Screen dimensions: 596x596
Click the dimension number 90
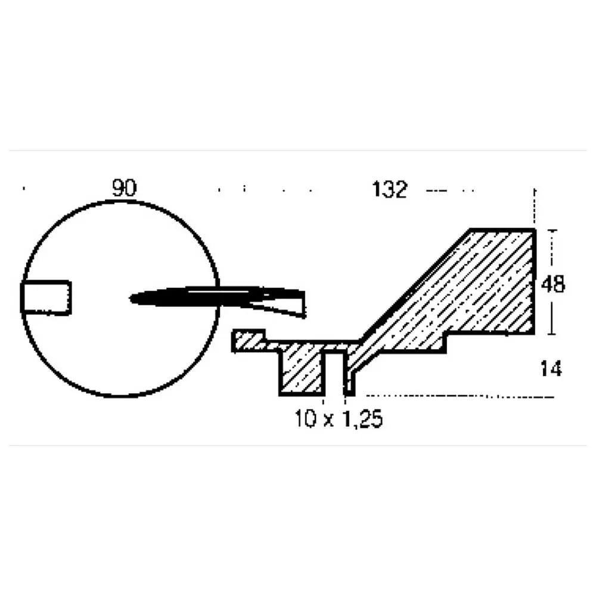(125, 188)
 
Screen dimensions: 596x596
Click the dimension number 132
(390, 190)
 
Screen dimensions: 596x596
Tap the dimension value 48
(553, 284)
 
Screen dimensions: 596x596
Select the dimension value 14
(551, 369)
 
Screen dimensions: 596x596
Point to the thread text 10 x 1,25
(339, 419)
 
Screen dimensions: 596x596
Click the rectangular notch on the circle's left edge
(46, 297)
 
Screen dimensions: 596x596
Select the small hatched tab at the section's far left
(248, 340)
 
